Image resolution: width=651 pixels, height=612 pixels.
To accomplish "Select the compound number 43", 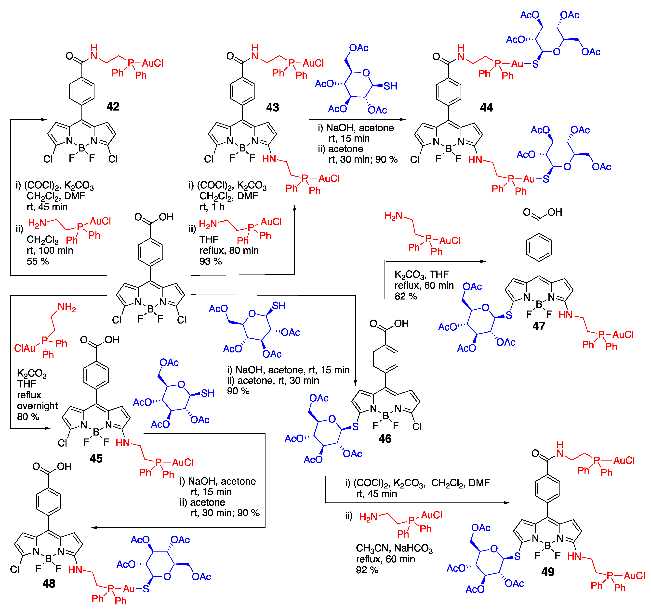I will point(272,107).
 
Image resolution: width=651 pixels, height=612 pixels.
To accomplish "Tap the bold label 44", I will point(486,107).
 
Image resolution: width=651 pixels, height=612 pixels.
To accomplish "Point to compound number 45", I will point(96,458).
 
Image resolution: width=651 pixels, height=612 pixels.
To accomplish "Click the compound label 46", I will point(385,438).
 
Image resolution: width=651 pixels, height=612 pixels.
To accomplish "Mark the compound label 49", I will point(547,572).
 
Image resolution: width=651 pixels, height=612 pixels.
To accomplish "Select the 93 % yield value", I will point(211,261).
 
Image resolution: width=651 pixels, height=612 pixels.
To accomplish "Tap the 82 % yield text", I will point(406,296).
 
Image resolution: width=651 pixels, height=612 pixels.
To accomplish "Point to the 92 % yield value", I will point(367,570).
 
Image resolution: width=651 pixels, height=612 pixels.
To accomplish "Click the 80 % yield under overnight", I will point(28,417).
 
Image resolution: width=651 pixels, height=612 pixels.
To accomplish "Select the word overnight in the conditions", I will point(37,406).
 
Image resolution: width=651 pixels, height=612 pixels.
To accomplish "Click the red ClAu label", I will point(25,348).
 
